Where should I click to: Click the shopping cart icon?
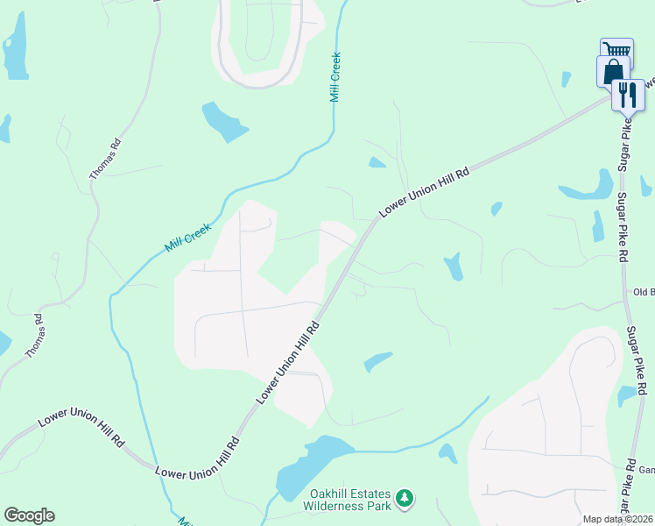[x=616, y=51]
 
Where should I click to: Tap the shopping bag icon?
[x=613, y=71]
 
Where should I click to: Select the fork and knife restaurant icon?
[x=626, y=94]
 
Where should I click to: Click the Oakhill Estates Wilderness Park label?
[x=347, y=499]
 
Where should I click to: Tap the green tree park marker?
[x=404, y=499]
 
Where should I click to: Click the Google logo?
[x=29, y=515]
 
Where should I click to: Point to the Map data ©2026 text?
[x=616, y=519]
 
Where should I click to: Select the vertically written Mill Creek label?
[x=335, y=77]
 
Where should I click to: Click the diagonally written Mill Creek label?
[x=188, y=238]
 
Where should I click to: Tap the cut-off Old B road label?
[x=644, y=293]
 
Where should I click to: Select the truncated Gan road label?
[x=646, y=470]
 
